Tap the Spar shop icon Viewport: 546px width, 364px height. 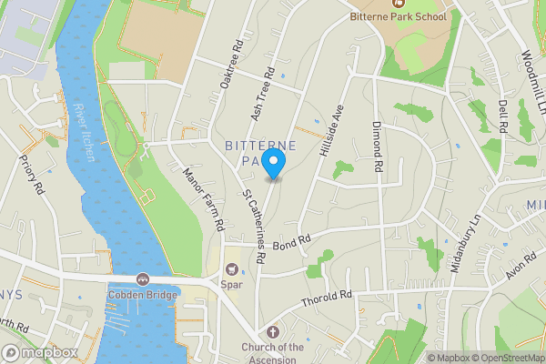(x=231, y=269)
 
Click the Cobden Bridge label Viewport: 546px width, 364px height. (x=143, y=294)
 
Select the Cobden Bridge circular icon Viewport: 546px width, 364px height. (x=143, y=278)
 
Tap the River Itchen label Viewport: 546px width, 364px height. (x=83, y=132)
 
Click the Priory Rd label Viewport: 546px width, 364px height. (x=31, y=175)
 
